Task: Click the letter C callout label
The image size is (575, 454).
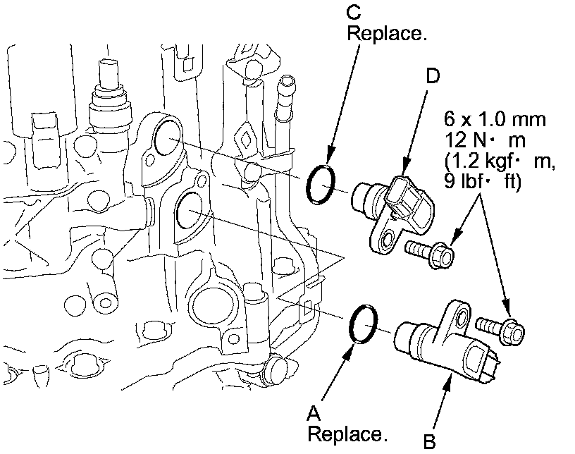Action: tap(355, 12)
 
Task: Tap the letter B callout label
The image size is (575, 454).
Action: tap(429, 442)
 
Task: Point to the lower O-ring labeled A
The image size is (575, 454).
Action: tap(364, 325)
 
